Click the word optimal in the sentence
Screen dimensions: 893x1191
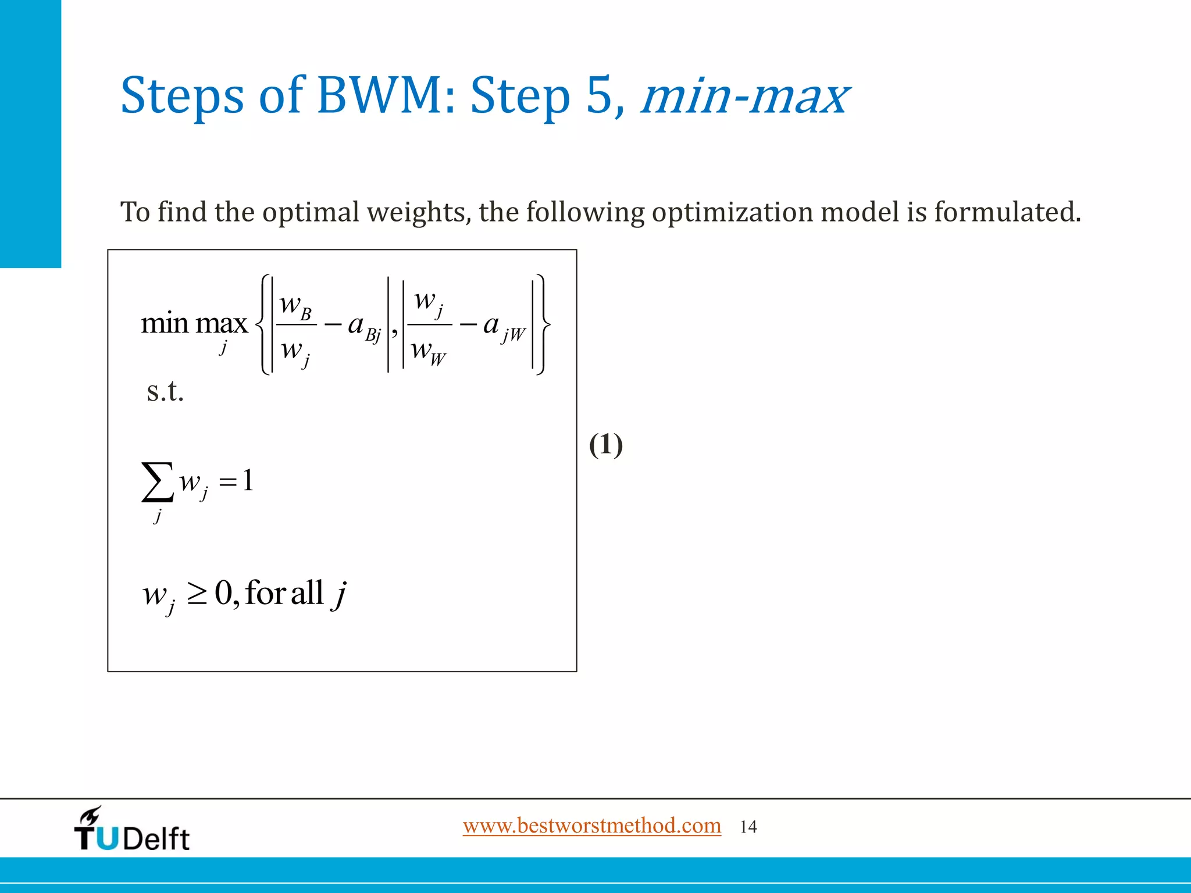point(311,212)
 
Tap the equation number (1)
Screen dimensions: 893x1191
point(606,445)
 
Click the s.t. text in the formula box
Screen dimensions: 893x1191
point(165,391)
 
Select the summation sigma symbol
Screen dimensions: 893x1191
point(157,481)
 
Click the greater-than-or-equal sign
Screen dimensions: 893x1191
point(198,594)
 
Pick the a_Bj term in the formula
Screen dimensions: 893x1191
point(364,327)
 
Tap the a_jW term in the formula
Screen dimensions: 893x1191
point(504,327)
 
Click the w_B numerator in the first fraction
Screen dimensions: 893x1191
point(295,305)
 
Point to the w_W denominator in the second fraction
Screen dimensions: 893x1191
point(428,351)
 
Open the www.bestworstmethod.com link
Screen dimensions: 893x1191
point(591,826)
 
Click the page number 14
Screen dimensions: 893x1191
point(748,827)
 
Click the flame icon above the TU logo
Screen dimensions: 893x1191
point(91,815)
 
